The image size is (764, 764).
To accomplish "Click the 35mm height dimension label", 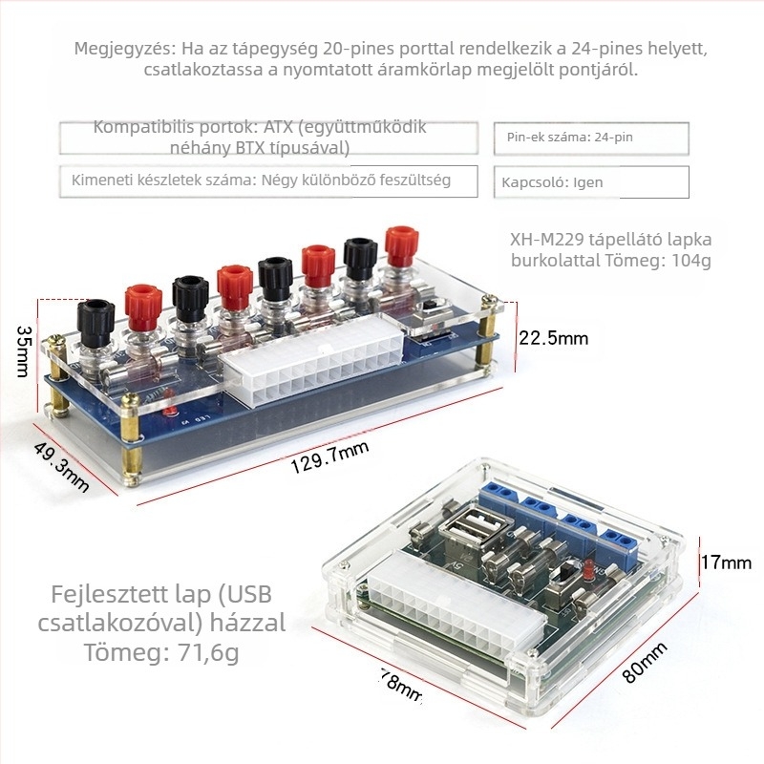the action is (23, 351).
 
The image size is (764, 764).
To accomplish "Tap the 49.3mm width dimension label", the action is (61, 467).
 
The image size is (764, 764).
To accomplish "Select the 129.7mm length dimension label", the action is (329, 457).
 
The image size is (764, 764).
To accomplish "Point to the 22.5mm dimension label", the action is (554, 338).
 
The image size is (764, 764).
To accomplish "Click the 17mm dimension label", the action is (726, 562).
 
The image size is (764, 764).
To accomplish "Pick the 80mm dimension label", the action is (644, 662).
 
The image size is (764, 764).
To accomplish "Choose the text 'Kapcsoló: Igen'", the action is (552, 182).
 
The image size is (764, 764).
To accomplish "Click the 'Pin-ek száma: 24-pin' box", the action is (591, 138).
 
